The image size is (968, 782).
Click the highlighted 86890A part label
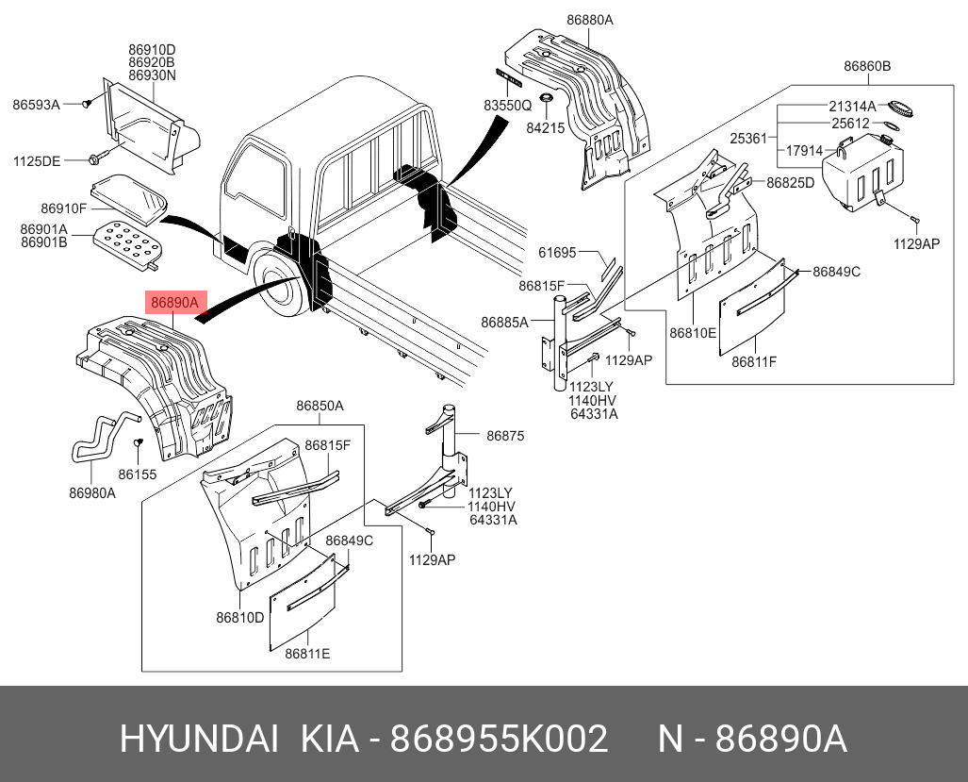coord(174,303)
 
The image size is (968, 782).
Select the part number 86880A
coord(590,20)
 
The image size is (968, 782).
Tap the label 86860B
coord(867,66)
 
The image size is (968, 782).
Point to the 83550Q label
coord(509,107)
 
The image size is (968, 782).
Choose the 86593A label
coord(36,104)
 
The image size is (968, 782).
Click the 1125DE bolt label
coord(36,161)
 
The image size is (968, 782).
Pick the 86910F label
coord(63,208)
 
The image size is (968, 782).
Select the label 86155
coord(138,474)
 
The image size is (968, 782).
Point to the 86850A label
coord(320,407)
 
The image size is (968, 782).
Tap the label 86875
coord(505,436)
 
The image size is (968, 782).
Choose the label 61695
coord(557,252)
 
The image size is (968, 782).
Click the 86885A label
coord(505,323)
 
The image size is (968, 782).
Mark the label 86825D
coord(790,183)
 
